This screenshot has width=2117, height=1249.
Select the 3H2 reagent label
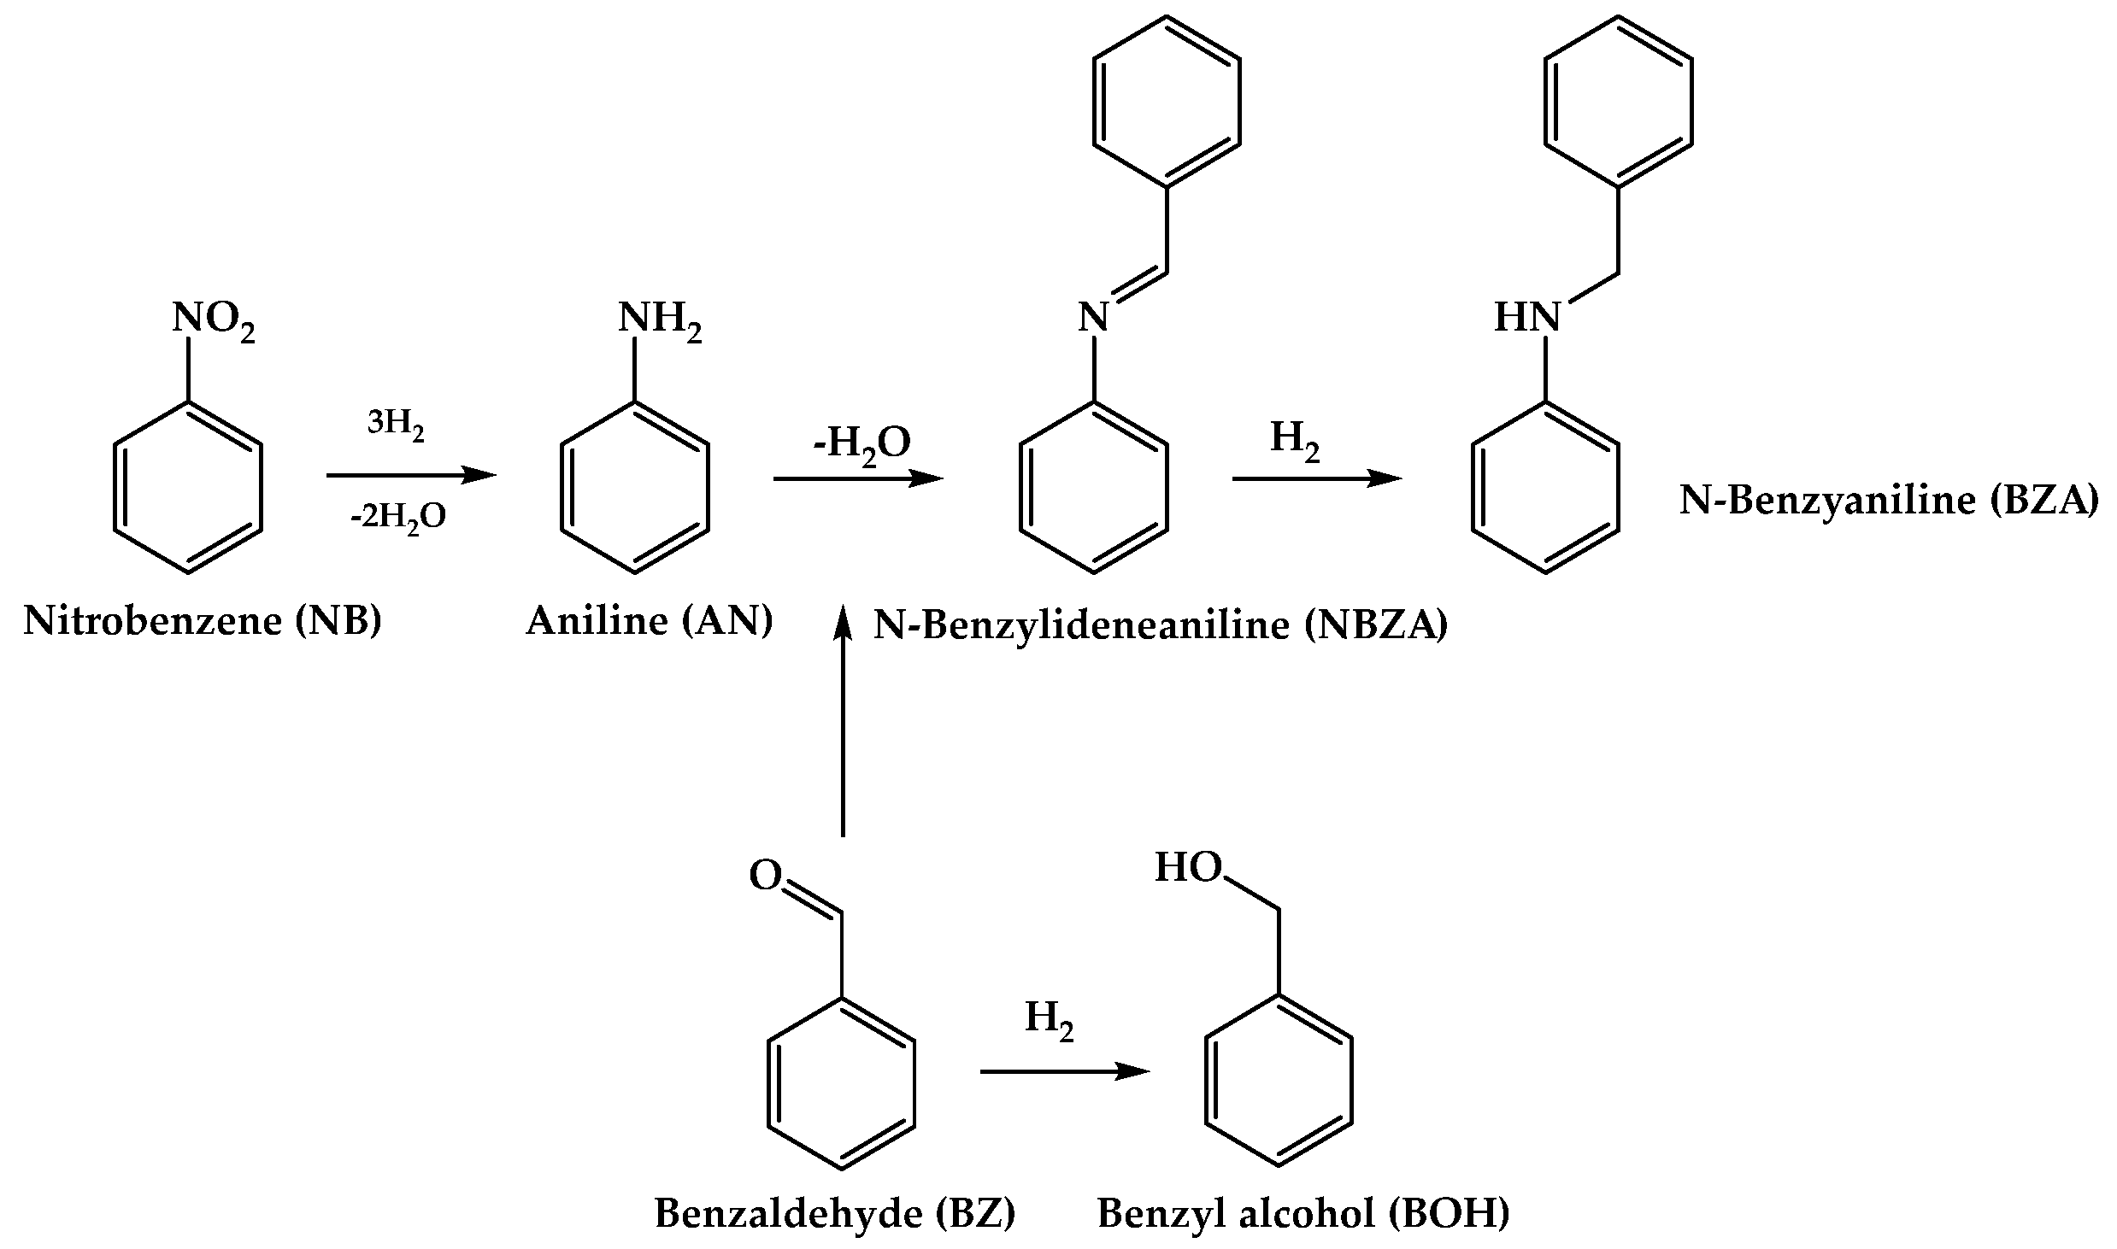[396, 424]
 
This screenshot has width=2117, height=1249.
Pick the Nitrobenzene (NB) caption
[203, 621]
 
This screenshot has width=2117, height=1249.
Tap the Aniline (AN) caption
[650, 621]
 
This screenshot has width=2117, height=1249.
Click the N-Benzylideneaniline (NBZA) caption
[1161, 626]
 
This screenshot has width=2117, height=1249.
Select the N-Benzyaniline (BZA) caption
[1888, 501]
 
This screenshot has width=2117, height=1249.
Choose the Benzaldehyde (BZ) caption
[835, 1213]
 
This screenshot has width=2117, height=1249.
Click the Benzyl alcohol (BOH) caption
[1303, 1213]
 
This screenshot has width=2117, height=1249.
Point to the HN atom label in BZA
[1526, 319]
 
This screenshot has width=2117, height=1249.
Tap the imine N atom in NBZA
[1093, 319]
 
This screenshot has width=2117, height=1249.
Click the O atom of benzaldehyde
[766, 877]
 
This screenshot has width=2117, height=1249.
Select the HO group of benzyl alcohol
[1188, 868]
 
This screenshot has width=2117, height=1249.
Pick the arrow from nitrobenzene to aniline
[411, 475]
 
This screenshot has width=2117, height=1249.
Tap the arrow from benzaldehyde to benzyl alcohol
[1064, 1071]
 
